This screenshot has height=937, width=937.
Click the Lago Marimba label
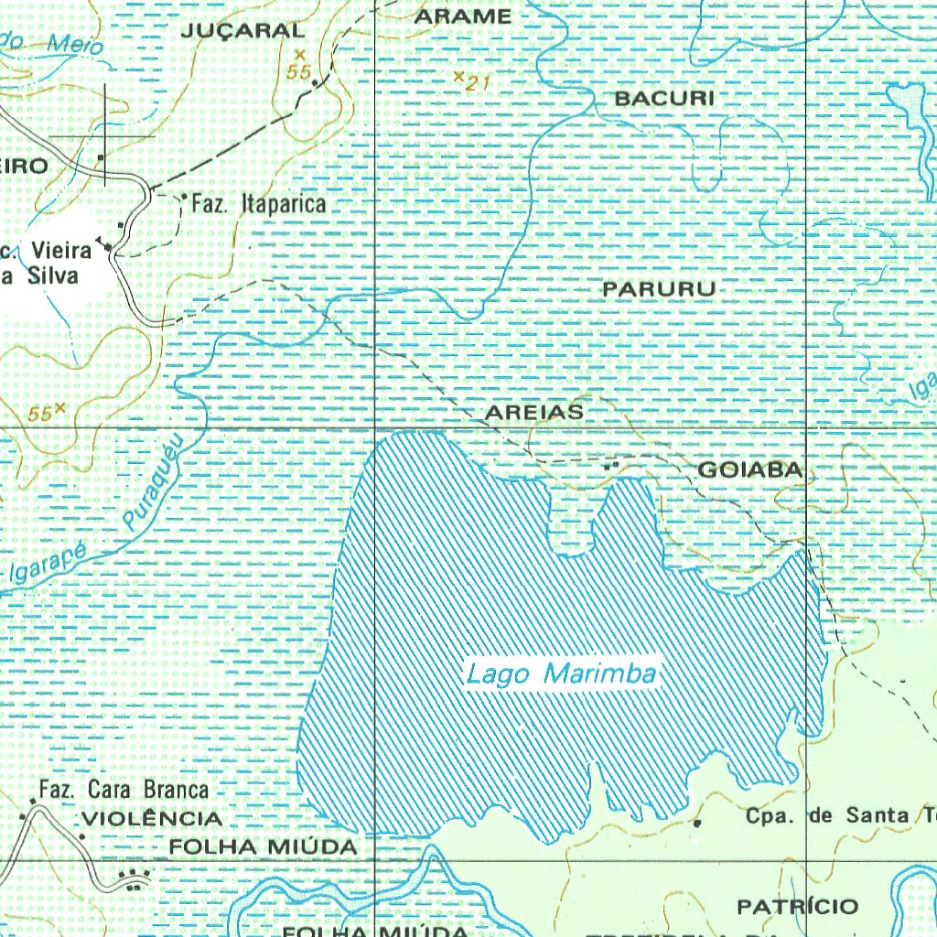pos(562,675)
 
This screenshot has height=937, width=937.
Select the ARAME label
pos(463,16)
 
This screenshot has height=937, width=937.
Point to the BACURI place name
pos(664,98)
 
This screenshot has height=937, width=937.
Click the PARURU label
pos(659,289)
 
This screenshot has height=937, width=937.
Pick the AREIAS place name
pos(533,413)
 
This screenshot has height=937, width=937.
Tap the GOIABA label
pos(750,470)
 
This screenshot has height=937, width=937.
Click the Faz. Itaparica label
pos(258,203)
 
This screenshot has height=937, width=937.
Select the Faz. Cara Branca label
pos(124,789)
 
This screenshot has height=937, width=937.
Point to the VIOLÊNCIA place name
pos(152,818)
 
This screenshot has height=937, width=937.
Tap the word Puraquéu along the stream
pos(154,480)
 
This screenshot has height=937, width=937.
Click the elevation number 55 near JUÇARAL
pos(298,72)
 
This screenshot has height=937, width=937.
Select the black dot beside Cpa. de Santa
pos(697,823)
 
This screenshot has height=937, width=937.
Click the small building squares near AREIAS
pos(611,466)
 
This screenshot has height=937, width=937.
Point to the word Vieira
pos(61,250)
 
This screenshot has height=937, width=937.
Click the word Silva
pos(52,275)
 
